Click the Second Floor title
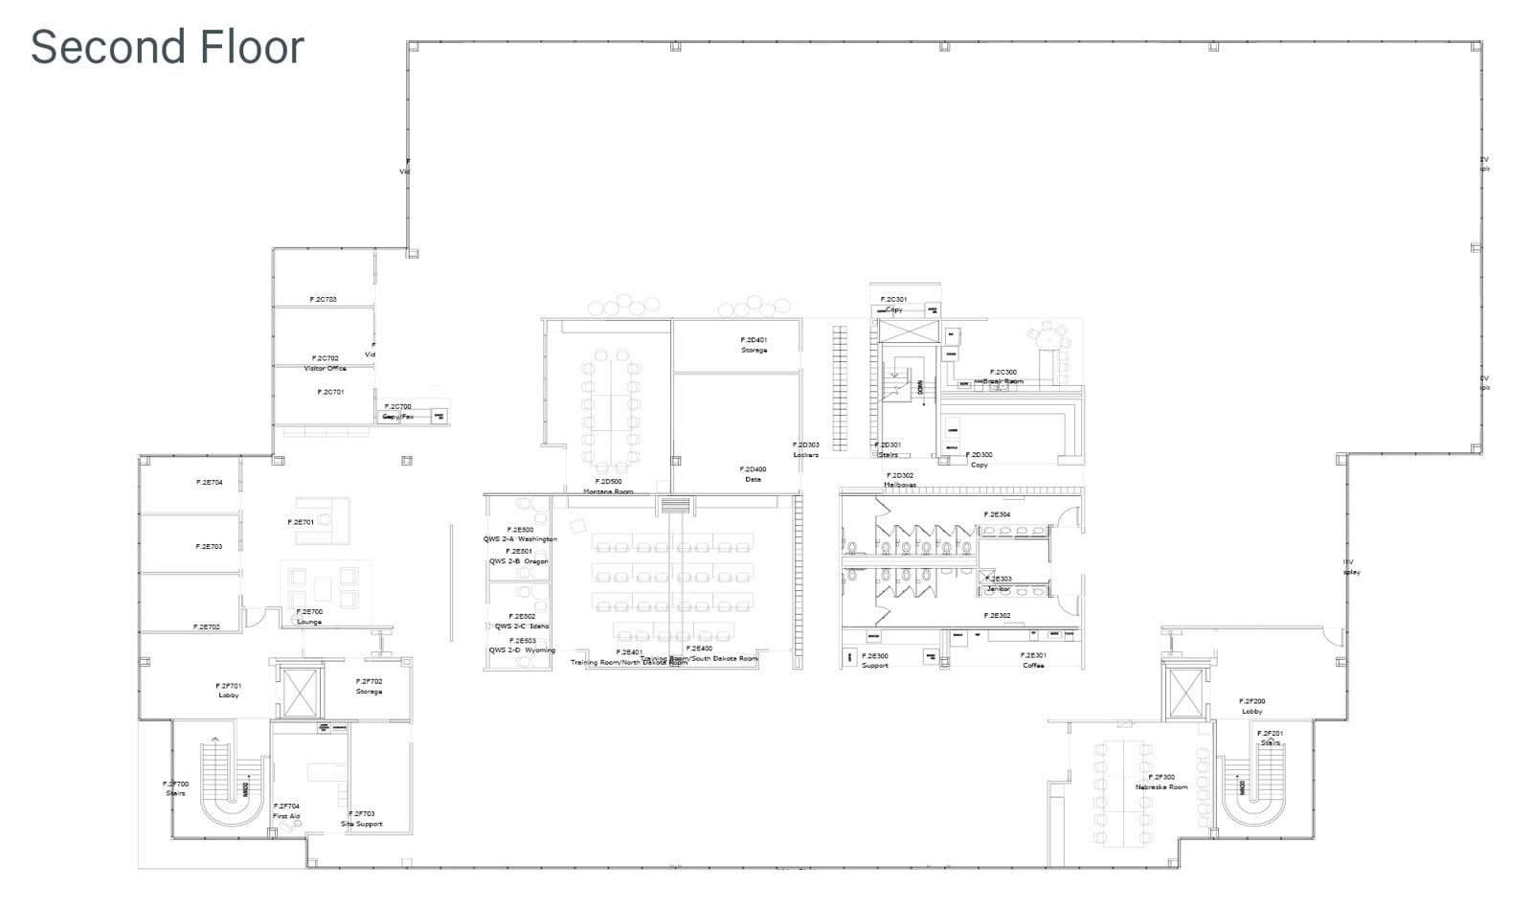(x=168, y=47)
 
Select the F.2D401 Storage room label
(x=754, y=345)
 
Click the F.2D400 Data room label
(x=753, y=474)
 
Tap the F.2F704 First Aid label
(x=286, y=811)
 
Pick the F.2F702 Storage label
(x=369, y=686)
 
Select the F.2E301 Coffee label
(x=1033, y=660)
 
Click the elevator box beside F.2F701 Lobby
(x=299, y=692)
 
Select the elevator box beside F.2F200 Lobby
(x=1185, y=691)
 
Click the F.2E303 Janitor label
(x=999, y=583)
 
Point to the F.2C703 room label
(x=323, y=300)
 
